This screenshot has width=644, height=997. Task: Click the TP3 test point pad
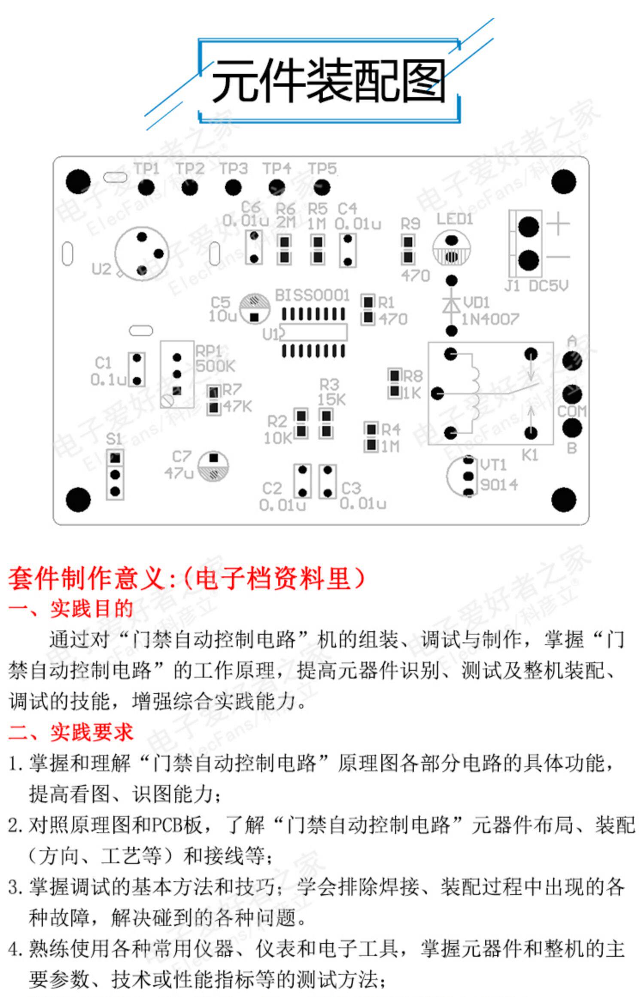point(233,187)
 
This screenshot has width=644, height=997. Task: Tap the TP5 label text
point(322,169)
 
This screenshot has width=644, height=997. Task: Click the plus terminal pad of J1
point(529,226)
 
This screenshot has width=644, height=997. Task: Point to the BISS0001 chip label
point(312,295)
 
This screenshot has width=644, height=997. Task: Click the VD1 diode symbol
point(451,305)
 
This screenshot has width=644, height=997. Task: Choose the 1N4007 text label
point(490,319)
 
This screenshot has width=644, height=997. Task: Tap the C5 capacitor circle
point(255,309)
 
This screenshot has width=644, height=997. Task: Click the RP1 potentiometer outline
point(177,374)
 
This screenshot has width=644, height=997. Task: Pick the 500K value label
point(215,366)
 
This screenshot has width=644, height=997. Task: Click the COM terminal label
point(571,411)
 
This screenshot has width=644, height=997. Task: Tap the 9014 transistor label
point(499,485)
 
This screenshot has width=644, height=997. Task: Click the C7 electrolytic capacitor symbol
point(213,466)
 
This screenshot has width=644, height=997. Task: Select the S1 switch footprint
point(115,475)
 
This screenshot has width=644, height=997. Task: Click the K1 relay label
point(530,455)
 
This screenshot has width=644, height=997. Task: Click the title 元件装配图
point(328,81)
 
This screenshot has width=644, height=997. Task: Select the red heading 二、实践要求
point(71,733)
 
